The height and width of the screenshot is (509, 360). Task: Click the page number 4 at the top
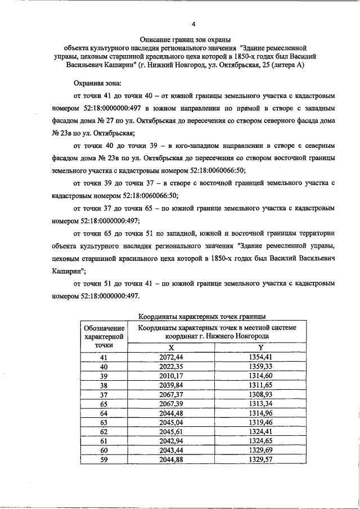point(193,24)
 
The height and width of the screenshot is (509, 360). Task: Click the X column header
point(172,348)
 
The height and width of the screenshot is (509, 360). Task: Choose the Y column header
point(260,348)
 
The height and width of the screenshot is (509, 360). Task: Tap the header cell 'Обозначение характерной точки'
point(103,336)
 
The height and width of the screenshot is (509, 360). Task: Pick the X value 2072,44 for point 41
point(172,357)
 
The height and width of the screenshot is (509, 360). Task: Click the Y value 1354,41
point(260,357)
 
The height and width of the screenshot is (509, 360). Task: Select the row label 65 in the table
point(103,404)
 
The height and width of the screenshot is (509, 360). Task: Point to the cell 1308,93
point(260,395)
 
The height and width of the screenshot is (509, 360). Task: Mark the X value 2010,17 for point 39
point(172,376)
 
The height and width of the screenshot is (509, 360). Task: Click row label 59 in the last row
point(103,460)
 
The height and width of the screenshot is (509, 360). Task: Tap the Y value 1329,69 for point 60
point(260,451)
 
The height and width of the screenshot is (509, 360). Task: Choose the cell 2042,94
point(172,441)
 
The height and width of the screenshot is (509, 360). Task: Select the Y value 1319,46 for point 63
point(260,423)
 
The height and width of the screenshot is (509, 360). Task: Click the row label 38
point(103,385)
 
